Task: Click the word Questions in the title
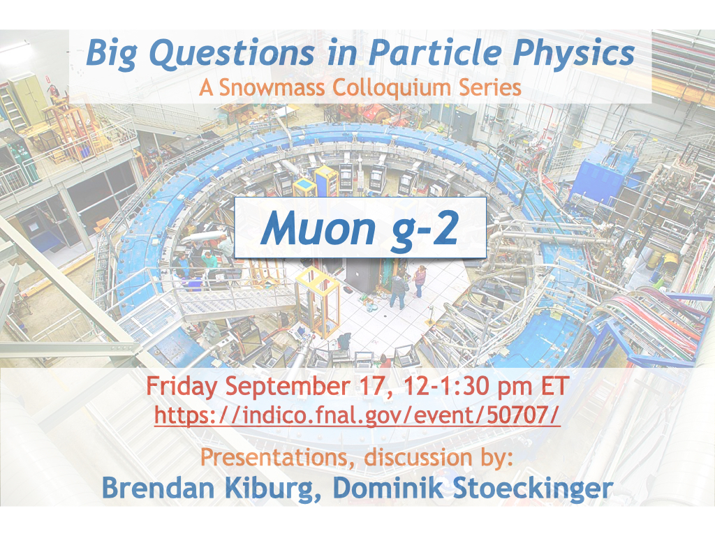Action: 231,54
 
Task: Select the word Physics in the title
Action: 574,54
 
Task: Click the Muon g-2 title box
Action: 360,228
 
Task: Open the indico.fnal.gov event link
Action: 357,415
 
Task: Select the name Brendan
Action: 158,488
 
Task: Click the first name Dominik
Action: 388,488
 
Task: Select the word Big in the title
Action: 112,54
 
